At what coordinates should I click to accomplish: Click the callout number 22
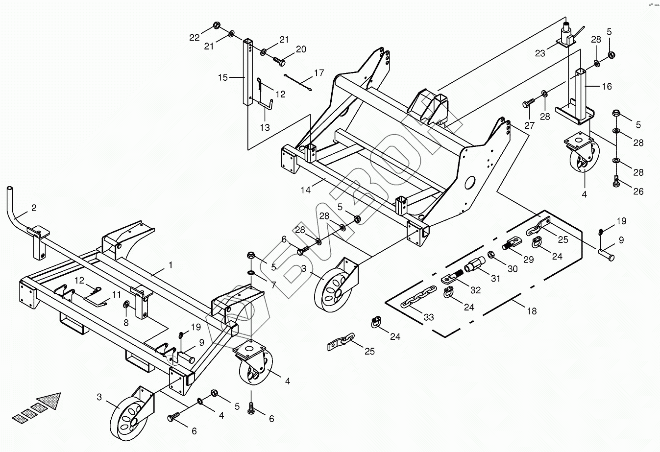tap(195, 37)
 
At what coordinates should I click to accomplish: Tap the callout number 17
tap(319, 73)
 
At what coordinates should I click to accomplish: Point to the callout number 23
tap(540, 53)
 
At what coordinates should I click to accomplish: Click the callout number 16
tap(607, 86)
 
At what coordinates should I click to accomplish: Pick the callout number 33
tap(429, 318)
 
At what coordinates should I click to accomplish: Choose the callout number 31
tap(496, 279)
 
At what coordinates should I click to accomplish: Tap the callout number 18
tap(531, 311)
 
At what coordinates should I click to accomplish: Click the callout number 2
tap(34, 208)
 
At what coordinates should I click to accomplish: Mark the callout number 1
tap(171, 265)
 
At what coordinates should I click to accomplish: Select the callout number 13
tap(265, 128)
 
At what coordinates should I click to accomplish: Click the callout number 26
tap(638, 191)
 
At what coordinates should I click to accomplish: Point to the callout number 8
tap(126, 323)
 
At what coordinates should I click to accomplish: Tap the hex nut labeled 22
tap(217, 25)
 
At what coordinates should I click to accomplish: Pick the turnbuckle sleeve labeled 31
tap(475, 266)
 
